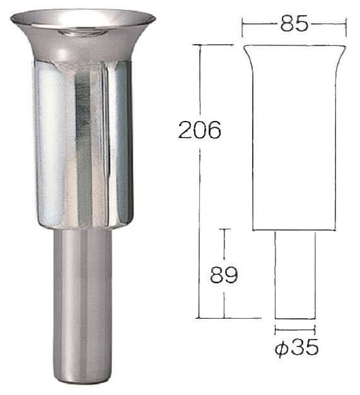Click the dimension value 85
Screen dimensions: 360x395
coord(294,24)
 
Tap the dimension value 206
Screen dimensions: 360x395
coord(199,130)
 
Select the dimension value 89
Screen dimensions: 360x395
coord(224,274)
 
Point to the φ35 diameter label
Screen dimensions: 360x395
coord(296,347)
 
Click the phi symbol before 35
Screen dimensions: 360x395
coord(281,348)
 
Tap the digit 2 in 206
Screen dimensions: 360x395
coord(185,130)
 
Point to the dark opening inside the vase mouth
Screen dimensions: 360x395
coord(83,32)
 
